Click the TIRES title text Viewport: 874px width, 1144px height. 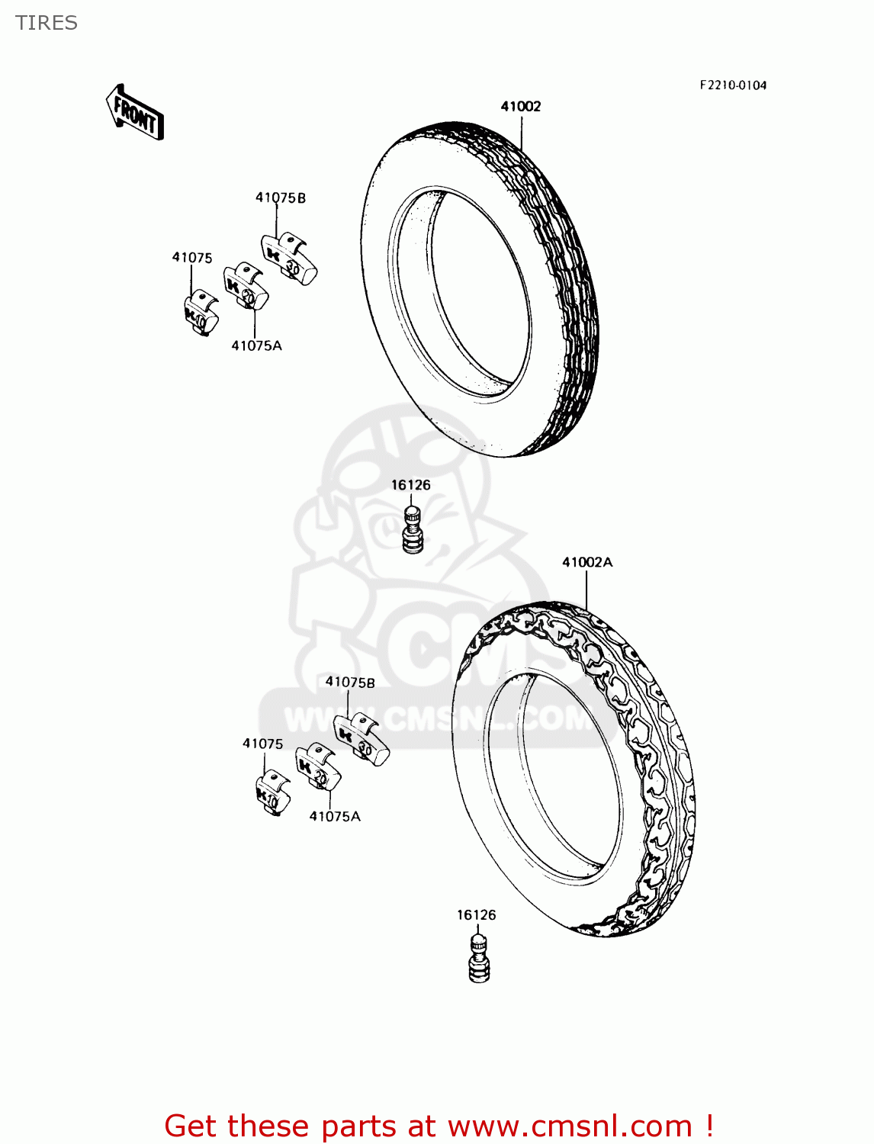coord(47,23)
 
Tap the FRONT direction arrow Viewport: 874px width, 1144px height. coord(135,113)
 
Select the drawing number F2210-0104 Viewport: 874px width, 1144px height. coord(733,85)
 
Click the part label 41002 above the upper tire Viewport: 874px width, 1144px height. coord(521,107)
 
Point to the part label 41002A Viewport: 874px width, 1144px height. coord(587,563)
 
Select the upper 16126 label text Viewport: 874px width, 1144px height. coord(411,485)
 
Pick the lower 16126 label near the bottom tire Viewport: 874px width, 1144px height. coord(477,915)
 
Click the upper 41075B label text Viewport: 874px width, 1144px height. coord(281,198)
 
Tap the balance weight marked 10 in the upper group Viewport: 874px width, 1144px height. coord(200,313)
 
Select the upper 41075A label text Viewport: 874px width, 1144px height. coord(257,346)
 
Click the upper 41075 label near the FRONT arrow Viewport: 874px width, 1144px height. coord(192,258)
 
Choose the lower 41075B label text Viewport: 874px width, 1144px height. coord(351,683)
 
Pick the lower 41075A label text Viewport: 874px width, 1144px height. coord(335,817)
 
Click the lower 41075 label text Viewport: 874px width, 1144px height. coord(263,744)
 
